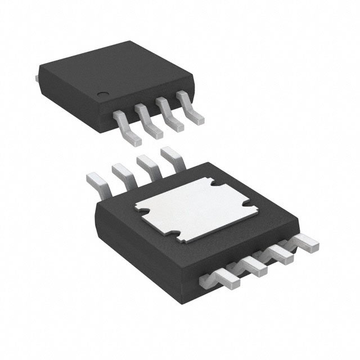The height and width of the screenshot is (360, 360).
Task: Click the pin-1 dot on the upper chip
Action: pyautogui.click(x=103, y=94)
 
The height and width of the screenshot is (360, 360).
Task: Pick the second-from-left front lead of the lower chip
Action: pyautogui.click(x=256, y=268)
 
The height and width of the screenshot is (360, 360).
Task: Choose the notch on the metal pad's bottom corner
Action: pyautogui.click(x=178, y=235)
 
